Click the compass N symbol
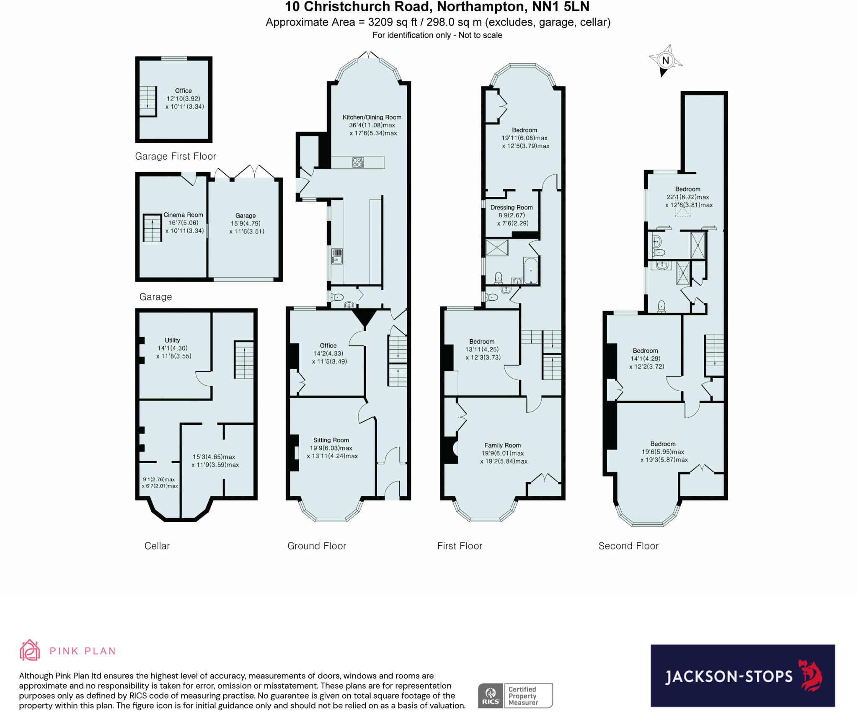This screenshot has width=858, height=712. pos(665,60)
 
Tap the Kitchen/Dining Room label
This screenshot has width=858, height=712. pos(372,117)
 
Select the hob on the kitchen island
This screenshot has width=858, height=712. pos(358,163)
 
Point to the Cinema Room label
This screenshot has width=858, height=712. pos(183,215)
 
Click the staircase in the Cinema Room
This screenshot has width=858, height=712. pos(152,228)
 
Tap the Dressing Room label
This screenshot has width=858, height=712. pos(511,207)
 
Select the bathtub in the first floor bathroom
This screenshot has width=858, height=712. pos(530,271)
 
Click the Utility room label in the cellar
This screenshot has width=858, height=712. pos(172,340)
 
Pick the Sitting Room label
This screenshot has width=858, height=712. pos(331,440)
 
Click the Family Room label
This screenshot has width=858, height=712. pos(502,446)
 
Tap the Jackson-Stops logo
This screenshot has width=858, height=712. pos(742,676)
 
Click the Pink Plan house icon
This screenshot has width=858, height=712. pos(30,650)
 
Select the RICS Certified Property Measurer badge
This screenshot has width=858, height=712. pos(515,696)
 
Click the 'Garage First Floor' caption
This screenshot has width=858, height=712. pos(175,156)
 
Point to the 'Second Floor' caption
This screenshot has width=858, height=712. pos(628,546)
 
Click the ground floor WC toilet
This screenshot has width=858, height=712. pos(337,297)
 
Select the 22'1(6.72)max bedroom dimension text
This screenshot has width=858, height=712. pos(687,197)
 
